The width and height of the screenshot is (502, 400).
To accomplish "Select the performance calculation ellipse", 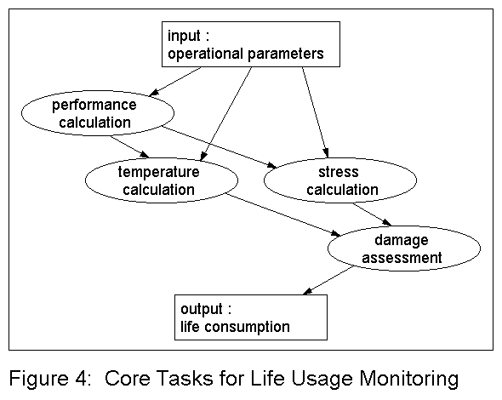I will click(94, 114).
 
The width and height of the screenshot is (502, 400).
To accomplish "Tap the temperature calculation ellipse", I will click(158, 180).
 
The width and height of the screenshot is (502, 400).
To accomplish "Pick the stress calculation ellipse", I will click(341, 180).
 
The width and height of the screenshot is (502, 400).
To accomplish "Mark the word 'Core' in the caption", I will click(126, 377).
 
